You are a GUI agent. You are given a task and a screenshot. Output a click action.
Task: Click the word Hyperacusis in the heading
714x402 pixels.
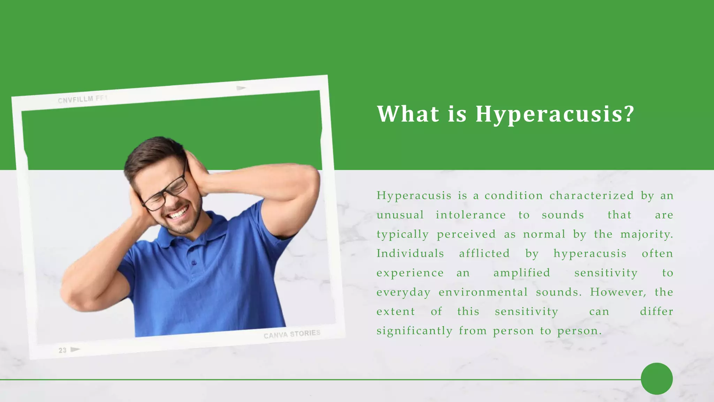point(554,114)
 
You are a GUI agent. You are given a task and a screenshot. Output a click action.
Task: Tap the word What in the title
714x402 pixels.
point(408,114)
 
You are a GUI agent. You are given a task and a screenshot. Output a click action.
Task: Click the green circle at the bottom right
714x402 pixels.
point(656,379)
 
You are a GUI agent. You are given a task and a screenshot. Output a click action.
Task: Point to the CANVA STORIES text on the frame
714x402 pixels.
point(292,334)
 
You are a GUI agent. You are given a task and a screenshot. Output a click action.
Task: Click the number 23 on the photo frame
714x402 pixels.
point(62,350)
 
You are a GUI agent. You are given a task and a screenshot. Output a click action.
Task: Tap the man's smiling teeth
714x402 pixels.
point(178,212)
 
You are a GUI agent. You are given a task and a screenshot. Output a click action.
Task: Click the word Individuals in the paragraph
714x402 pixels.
point(410,253)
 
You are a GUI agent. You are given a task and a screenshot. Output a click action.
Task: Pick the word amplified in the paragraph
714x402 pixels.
point(522,273)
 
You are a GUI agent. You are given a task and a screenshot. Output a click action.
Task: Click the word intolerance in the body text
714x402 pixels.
point(471,215)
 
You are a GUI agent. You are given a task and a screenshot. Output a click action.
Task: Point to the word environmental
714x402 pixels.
point(483,292)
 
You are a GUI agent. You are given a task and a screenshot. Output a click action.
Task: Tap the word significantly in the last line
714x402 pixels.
point(414,331)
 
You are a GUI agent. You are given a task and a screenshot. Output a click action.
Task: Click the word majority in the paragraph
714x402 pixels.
point(646,234)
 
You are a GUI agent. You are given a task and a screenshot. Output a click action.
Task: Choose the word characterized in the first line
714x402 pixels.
point(592,195)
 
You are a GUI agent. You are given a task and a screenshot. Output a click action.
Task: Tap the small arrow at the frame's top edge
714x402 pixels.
point(241,88)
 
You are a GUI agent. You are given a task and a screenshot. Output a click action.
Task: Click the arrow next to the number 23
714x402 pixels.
point(75,349)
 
